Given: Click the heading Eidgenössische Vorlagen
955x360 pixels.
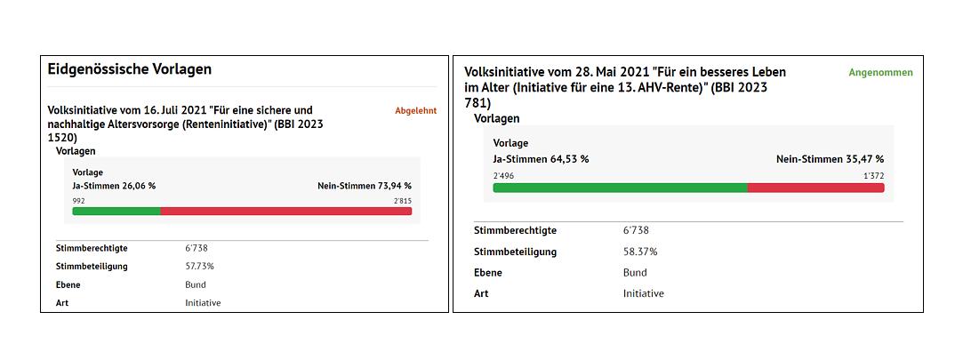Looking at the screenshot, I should tap(129, 68).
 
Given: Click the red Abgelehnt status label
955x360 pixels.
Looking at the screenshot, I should tap(415, 111).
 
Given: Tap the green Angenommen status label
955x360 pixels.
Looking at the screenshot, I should tap(880, 73).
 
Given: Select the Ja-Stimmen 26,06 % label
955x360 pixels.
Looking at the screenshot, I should tap(114, 186).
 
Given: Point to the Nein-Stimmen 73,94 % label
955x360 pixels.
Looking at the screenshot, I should tap(364, 186).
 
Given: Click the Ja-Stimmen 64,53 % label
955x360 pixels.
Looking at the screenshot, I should tap(541, 159).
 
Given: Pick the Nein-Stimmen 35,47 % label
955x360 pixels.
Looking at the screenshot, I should tap(830, 159).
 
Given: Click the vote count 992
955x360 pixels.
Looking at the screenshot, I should tap(79, 201).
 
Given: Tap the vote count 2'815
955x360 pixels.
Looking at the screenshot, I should tap(402, 201).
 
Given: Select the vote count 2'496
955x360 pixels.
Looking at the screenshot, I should tap(503, 176).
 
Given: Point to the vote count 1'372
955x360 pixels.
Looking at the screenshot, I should tap(873, 176).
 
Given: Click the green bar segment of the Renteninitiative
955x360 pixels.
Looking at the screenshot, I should tap(116, 212).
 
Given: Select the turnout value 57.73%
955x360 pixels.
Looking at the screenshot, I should tap(199, 266).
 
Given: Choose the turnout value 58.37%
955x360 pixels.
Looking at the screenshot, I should tap(640, 252).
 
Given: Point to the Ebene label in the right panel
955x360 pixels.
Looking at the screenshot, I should tap(487, 273).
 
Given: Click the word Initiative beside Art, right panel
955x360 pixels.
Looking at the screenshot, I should tap(643, 293).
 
